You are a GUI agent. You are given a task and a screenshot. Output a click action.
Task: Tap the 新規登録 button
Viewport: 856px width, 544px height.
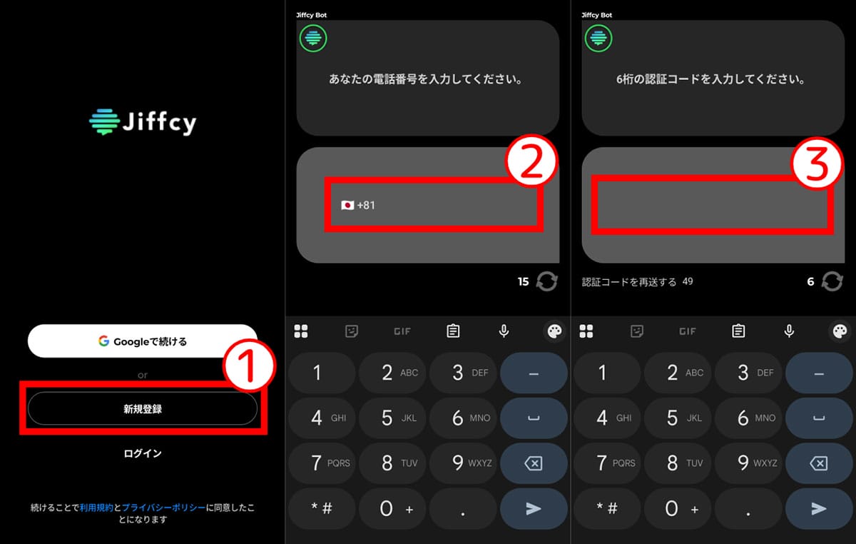(x=142, y=409)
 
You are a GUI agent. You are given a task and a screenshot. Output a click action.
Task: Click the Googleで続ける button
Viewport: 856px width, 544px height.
(x=142, y=341)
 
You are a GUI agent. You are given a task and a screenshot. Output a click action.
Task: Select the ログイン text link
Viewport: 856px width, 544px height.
(x=143, y=453)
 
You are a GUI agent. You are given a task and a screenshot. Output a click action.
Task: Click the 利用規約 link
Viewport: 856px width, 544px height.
(x=96, y=508)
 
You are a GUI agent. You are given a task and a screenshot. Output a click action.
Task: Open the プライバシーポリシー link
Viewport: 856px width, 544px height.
(x=164, y=508)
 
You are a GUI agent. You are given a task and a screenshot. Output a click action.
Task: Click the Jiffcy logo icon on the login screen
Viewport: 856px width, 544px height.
(x=104, y=122)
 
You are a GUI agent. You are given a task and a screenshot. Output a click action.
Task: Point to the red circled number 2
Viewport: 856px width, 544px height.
(x=531, y=161)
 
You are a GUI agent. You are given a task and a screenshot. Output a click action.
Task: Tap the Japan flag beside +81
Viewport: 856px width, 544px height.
(x=347, y=206)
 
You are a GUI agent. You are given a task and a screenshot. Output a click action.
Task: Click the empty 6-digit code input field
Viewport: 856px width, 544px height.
(x=712, y=206)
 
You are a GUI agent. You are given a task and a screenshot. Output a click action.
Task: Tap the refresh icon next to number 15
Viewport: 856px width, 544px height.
(x=547, y=281)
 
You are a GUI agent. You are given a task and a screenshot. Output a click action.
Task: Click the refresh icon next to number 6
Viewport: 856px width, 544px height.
(x=832, y=281)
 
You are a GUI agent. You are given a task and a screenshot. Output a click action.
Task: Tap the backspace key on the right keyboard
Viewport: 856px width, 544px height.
(x=819, y=463)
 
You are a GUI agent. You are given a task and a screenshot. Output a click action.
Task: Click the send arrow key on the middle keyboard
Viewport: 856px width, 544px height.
(x=534, y=508)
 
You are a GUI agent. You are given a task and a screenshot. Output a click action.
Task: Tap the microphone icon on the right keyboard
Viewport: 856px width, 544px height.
(x=789, y=331)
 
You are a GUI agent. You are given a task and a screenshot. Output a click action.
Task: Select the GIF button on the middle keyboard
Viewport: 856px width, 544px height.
(x=402, y=331)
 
